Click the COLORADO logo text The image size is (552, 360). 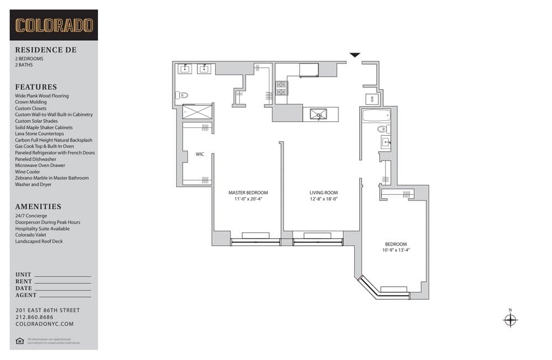coord(54,25)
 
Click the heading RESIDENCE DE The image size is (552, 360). coord(46,50)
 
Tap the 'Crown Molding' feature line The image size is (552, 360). coord(31,102)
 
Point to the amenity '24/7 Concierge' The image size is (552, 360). coord(31,216)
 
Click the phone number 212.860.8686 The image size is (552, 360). coord(35,317)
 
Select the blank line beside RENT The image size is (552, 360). coord(62,283)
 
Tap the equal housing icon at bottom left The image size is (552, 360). coord(20,341)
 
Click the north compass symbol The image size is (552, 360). coord(510,320)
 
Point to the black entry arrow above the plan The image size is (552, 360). coord(355,55)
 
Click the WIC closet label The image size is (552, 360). coord(200,154)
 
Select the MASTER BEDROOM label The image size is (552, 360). coord(248,193)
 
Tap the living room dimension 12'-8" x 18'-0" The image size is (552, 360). coord(323,199)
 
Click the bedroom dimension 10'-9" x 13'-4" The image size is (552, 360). coord(396,250)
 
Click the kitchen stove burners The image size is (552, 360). coord(282,88)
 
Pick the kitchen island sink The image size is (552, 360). coord(319,114)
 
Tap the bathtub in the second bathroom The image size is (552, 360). coord(376,117)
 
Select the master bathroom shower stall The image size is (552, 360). coord(197,112)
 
